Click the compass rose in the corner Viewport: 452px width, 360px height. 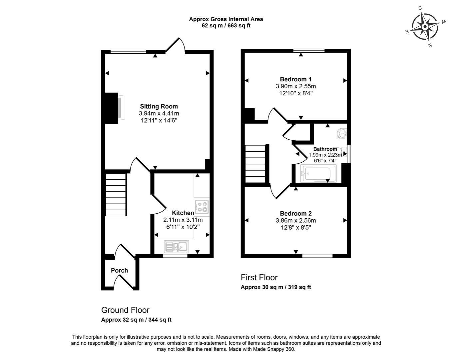(x=425, y=26)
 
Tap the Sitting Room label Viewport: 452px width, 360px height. (x=159, y=107)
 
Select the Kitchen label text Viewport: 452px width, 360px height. (x=183, y=213)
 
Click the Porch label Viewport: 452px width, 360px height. (x=119, y=270)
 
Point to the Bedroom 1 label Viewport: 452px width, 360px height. (x=295, y=79)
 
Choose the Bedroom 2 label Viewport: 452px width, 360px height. (x=295, y=214)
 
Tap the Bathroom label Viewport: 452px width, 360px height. (x=325, y=149)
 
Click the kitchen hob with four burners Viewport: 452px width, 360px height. (x=202, y=207)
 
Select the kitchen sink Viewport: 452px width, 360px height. (x=176, y=247)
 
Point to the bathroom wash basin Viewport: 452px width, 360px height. (x=342, y=134)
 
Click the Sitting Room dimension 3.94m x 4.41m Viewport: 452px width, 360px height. (x=159, y=114)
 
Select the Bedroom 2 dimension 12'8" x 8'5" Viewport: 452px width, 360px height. (x=295, y=228)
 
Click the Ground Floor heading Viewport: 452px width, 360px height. (x=125, y=310)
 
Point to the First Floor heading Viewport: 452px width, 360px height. (x=259, y=278)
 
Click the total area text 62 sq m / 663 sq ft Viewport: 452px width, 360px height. (x=226, y=26)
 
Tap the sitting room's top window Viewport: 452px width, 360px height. (x=128, y=52)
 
